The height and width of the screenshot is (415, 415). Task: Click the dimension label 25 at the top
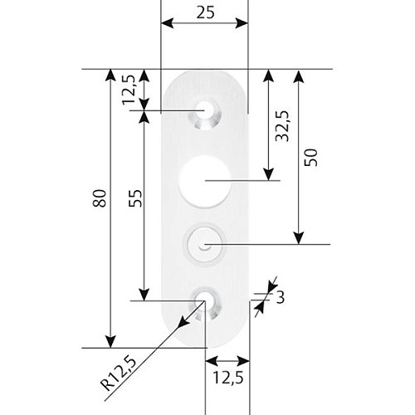pos(205,12)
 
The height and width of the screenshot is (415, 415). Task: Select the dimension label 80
pos(100,198)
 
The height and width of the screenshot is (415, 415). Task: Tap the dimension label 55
pos(136,198)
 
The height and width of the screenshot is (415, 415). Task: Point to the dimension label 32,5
pos(282,126)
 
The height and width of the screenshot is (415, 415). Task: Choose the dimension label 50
pos(310,158)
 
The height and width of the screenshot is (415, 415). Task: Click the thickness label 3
pos(280,298)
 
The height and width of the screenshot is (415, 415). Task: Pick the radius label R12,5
pos(119,373)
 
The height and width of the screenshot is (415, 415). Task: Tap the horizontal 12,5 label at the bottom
pos(228,378)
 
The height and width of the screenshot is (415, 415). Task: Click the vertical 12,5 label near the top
pos(129,90)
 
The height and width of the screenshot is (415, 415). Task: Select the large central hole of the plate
pos(205,181)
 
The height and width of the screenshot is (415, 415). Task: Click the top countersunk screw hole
pos(205,114)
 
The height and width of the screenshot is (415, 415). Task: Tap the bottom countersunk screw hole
pos(205,304)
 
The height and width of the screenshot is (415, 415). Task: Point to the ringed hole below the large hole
pos(204,244)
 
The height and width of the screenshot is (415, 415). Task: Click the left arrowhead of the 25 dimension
pos(167,23)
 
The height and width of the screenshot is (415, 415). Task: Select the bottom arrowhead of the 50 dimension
pos(299,238)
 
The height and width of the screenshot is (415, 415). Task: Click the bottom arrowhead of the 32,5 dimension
pos(268,174)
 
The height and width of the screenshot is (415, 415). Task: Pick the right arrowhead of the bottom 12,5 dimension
pos(243,361)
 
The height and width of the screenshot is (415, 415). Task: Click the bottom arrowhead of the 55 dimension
pos(144,295)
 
